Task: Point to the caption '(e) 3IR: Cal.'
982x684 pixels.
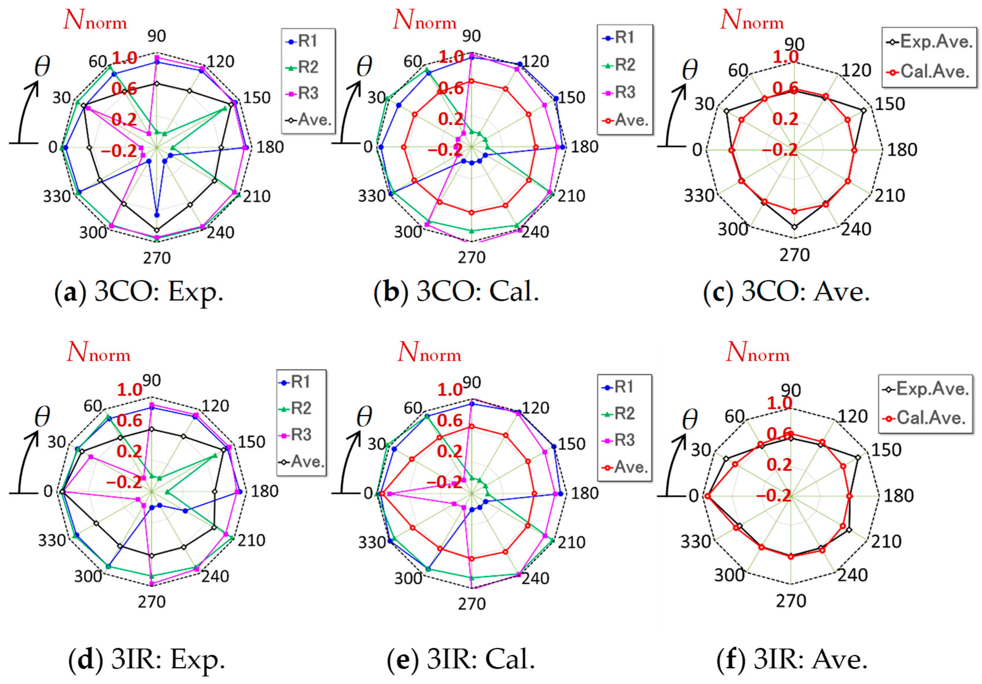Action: tap(461, 659)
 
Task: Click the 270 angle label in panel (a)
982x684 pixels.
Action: tap(157, 258)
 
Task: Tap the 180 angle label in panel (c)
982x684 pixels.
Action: tap(902, 150)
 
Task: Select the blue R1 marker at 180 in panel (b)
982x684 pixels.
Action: tap(563, 147)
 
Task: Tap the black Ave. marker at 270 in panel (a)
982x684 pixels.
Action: tap(157, 230)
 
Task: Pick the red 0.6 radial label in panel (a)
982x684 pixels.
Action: tap(124, 89)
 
